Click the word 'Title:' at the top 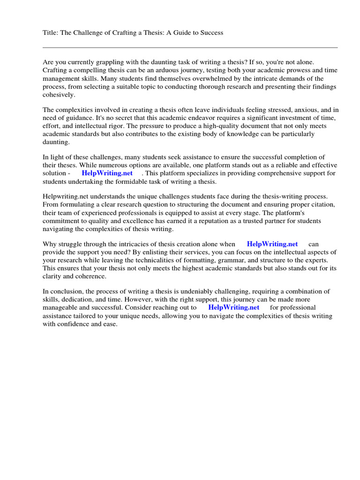50,33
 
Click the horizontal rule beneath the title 190,47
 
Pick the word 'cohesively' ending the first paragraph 58,94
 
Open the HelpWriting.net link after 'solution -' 107,173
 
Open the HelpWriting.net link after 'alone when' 272,244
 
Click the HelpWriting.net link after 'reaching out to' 233,307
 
